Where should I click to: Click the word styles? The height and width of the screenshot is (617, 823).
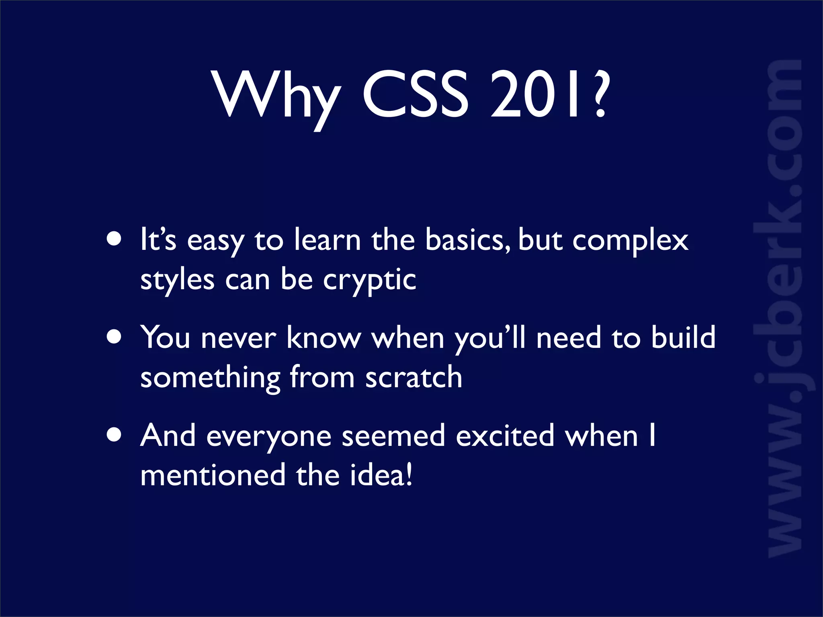pos(177,280)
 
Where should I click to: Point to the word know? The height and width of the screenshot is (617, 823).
pos(324,337)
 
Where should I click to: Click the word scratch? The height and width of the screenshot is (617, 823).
pos(414,378)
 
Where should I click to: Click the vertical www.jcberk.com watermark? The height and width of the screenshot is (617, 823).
pos(784,309)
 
